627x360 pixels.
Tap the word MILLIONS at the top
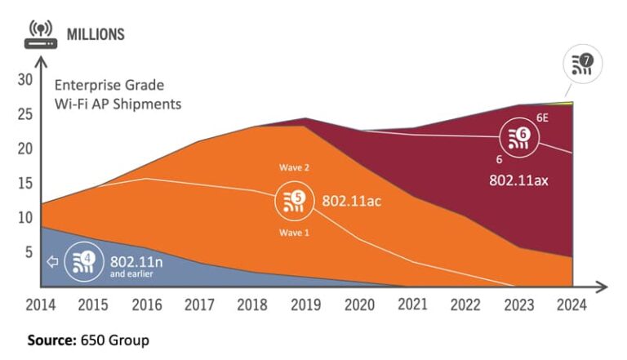96,34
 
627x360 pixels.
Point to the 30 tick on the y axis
25,79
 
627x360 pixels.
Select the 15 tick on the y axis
25,184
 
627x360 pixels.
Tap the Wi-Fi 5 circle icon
295,201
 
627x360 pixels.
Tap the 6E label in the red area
542,118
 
